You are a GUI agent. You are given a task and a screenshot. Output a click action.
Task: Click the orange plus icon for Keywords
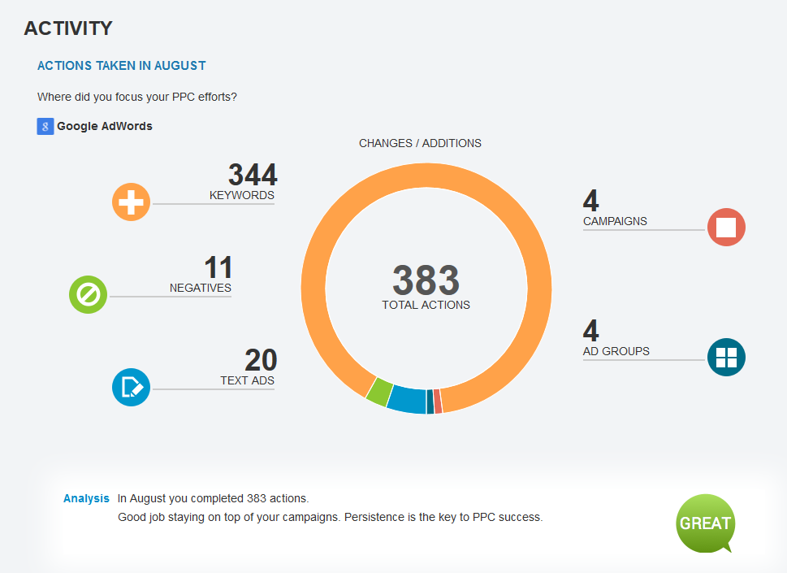(132, 202)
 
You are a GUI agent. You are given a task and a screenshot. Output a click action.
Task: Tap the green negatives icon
(89, 294)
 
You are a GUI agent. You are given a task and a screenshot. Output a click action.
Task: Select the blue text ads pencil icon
(132, 387)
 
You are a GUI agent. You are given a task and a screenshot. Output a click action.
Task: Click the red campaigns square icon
(726, 227)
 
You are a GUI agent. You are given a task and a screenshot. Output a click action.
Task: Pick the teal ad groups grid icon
(726, 358)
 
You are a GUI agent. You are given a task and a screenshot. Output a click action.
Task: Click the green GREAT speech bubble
(705, 523)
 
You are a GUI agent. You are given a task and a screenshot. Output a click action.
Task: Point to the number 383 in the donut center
(426, 280)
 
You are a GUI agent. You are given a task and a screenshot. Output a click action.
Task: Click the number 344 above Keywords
(252, 175)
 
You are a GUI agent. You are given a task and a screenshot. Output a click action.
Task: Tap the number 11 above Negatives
(218, 267)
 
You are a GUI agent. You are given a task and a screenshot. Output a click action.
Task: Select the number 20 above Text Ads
(261, 360)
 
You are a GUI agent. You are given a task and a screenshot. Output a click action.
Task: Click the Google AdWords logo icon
(45, 126)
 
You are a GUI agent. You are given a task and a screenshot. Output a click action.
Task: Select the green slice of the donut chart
(378, 392)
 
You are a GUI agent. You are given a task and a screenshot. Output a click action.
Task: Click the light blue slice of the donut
(407, 400)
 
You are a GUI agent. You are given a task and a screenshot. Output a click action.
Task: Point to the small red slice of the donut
(438, 402)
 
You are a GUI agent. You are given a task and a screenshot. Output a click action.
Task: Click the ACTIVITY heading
(68, 28)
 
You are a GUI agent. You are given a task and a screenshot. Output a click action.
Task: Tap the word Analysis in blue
(86, 498)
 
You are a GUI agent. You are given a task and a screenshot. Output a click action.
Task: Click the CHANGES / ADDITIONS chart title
(420, 143)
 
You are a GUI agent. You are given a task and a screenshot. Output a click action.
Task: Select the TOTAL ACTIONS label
(426, 305)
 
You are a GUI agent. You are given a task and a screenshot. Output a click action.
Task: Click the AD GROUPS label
(616, 351)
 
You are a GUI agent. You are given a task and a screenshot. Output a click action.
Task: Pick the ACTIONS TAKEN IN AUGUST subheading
(122, 65)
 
